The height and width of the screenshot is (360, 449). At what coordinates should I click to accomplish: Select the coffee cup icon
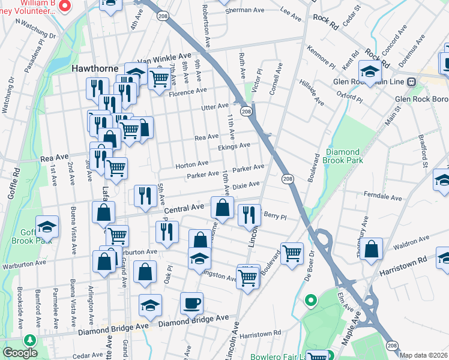[x=191, y=302]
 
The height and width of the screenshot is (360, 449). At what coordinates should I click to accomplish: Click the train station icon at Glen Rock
[x=412, y=82]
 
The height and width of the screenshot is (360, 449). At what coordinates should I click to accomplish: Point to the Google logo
[x=19, y=353]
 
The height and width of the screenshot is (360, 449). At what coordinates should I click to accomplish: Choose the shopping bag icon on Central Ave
[x=222, y=208]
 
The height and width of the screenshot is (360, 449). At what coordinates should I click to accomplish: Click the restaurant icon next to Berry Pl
[x=249, y=215]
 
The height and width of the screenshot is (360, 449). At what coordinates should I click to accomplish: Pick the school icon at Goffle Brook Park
[x=47, y=226]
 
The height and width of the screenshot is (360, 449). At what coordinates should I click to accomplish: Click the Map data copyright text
[x=424, y=355]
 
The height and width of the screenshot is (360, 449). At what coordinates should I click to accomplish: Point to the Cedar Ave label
[x=88, y=355]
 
